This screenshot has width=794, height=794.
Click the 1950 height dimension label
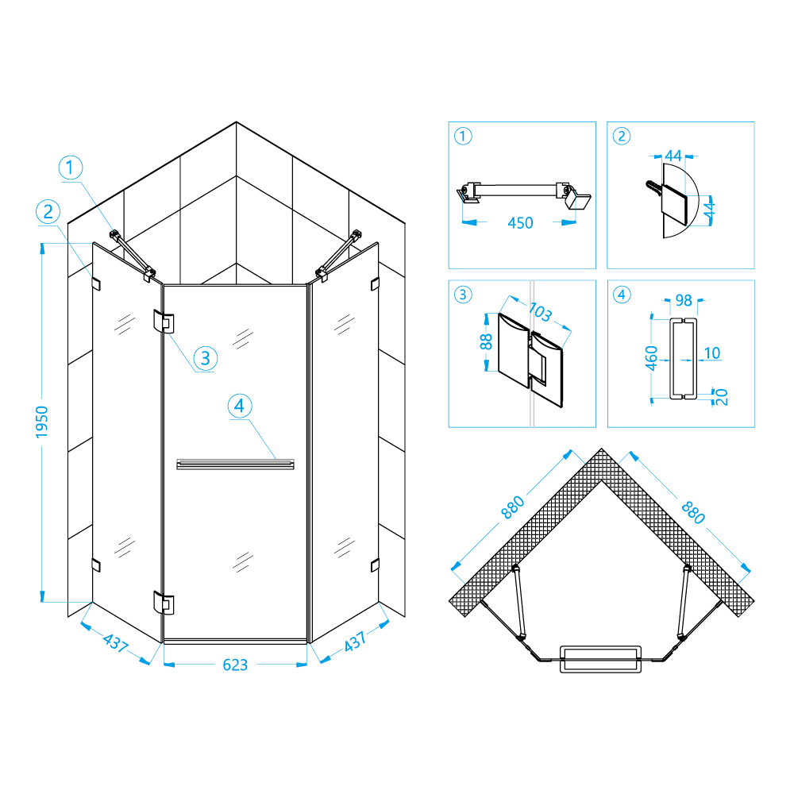tap(42, 422)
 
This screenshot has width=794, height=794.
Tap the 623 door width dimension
tap(235, 665)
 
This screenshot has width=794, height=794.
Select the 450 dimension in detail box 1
tap(520, 223)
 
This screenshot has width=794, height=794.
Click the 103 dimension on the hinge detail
tap(540, 312)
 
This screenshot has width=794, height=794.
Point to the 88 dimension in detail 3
tap(486, 341)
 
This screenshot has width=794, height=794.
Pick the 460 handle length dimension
tap(651, 358)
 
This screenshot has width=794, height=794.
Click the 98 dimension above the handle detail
tap(684, 301)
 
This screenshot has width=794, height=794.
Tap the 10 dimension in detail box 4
tap(712, 353)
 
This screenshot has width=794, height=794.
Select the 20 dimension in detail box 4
tap(722, 397)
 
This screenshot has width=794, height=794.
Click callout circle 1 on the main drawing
tap(71, 168)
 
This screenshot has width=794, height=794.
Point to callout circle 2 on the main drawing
tap(48, 212)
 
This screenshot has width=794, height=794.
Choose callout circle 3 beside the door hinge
tap(205, 359)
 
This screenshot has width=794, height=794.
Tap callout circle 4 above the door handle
tap(240, 406)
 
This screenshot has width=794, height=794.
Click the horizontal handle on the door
tap(235, 464)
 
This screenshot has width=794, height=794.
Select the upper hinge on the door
tap(164, 322)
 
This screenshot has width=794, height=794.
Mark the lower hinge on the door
tap(164, 603)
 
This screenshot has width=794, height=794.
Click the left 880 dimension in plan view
tap(512, 507)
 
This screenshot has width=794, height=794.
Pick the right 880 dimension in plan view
tap(693, 512)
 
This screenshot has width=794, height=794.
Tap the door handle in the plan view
tap(600, 659)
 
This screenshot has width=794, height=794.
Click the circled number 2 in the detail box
tap(622, 137)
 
